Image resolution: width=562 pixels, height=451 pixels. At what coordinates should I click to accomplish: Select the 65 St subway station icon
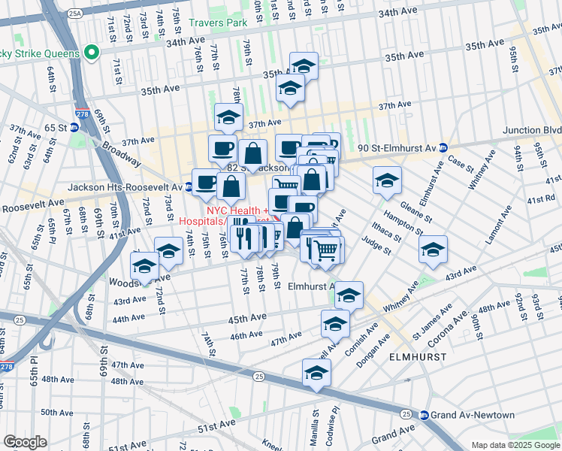pyautogui.click(x=74, y=128)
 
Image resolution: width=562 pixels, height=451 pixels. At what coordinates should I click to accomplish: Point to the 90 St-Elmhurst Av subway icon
pyautogui.click(x=443, y=147)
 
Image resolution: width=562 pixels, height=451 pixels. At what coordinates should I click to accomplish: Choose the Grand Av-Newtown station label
pyautogui.click(x=473, y=415)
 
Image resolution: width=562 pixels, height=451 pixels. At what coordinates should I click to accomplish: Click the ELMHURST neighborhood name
pyautogui.click(x=418, y=357)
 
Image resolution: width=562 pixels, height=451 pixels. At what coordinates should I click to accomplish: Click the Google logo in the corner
pyautogui.click(x=25, y=441)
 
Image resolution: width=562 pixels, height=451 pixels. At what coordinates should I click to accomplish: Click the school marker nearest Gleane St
pyautogui.click(x=387, y=181)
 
